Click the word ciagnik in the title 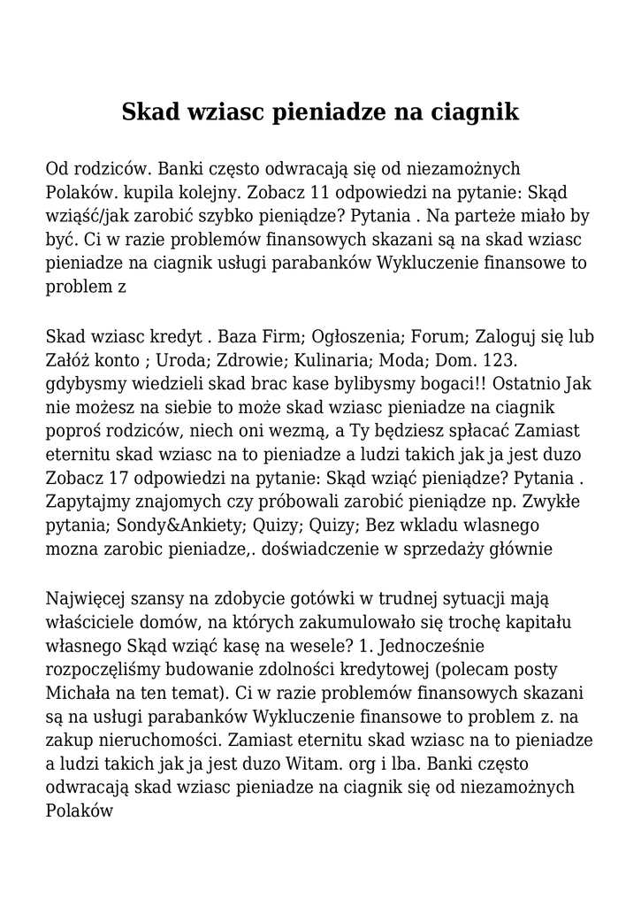click(x=475, y=113)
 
